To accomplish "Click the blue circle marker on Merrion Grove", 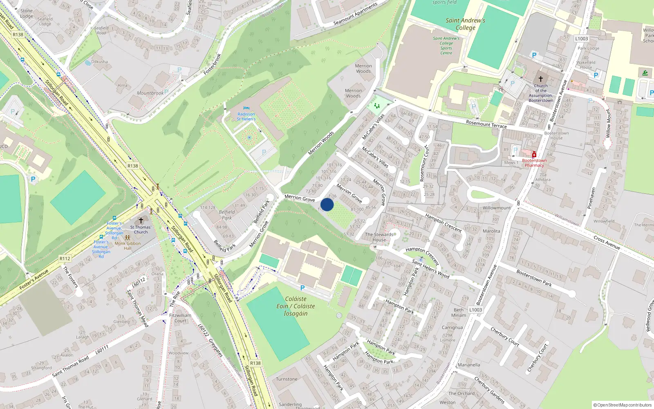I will (327, 204).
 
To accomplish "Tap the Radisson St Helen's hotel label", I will (246, 117).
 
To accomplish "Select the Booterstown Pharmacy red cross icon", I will (534, 155).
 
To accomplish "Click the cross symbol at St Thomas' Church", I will (141, 221).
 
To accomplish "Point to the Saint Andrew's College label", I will (466, 24).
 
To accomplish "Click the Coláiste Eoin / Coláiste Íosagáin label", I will (296, 306).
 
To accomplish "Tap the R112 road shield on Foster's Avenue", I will (65, 258).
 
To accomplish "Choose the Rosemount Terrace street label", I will (486, 124).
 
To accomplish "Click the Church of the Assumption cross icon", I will (540, 79).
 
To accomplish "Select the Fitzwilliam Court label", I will (180, 318).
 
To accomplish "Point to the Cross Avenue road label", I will (607, 243).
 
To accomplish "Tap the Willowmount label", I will (497, 208).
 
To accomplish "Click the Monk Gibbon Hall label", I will (128, 245).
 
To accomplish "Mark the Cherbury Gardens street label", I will (489, 389).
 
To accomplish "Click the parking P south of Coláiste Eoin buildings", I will (302, 288).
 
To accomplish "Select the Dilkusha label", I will (100, 62).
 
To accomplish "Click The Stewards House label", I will (379, 237).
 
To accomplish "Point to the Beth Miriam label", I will (459, 312).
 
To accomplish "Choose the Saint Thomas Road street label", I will (70, 367).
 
